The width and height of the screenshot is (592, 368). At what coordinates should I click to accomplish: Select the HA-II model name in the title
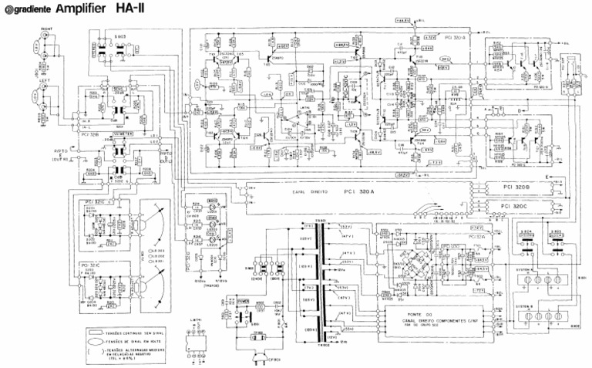tap(131, 9)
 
